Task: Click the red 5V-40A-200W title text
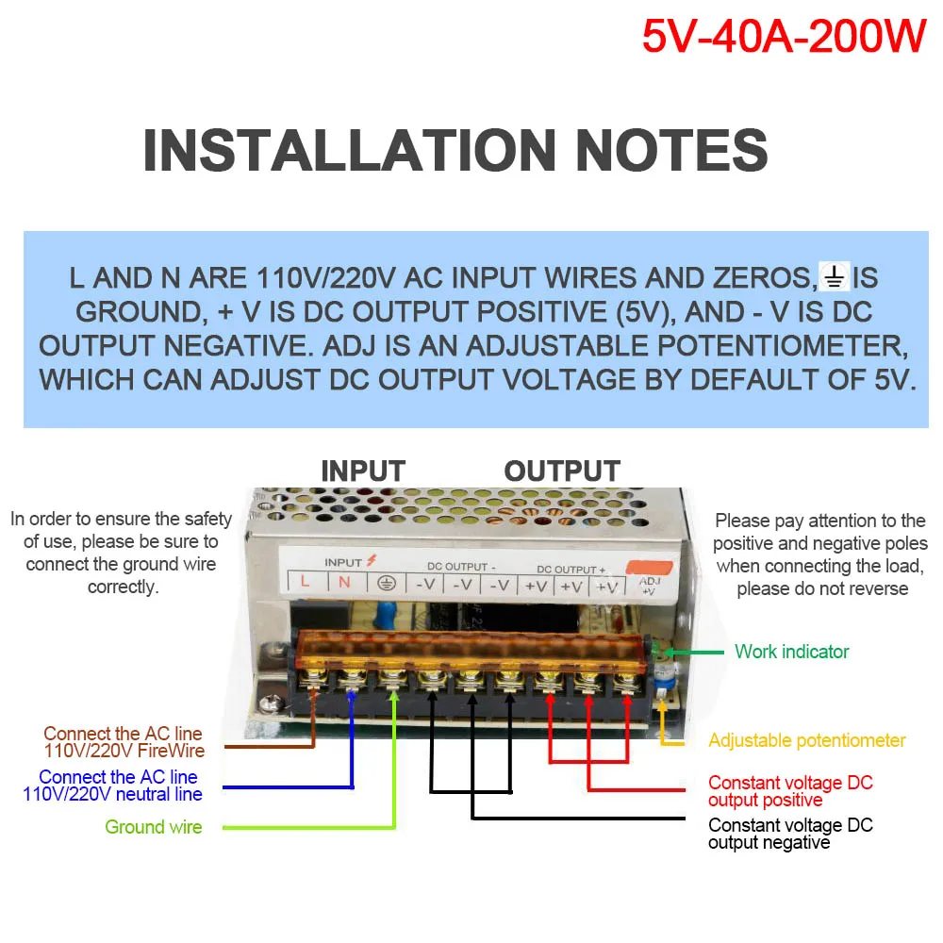pos(784,36)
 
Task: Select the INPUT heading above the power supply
pos(363,471)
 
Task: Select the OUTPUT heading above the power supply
pos(562,471)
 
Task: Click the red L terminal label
pos(305,582)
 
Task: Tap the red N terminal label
pos(344,582)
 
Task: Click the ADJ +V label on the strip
pos(651,587)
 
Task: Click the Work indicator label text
pos(791,652)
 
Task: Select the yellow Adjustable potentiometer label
pos(806,740)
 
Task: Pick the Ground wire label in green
pos(153,827)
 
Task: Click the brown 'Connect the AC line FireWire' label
pos(124,742)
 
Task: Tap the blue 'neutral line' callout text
pos(113,786)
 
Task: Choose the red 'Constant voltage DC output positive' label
pos(790,791)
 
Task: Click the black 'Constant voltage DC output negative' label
pos(790,834)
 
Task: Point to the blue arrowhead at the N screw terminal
pos(351,695)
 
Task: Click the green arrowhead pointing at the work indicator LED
pos(671,652)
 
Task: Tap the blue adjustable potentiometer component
pos(663,675)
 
